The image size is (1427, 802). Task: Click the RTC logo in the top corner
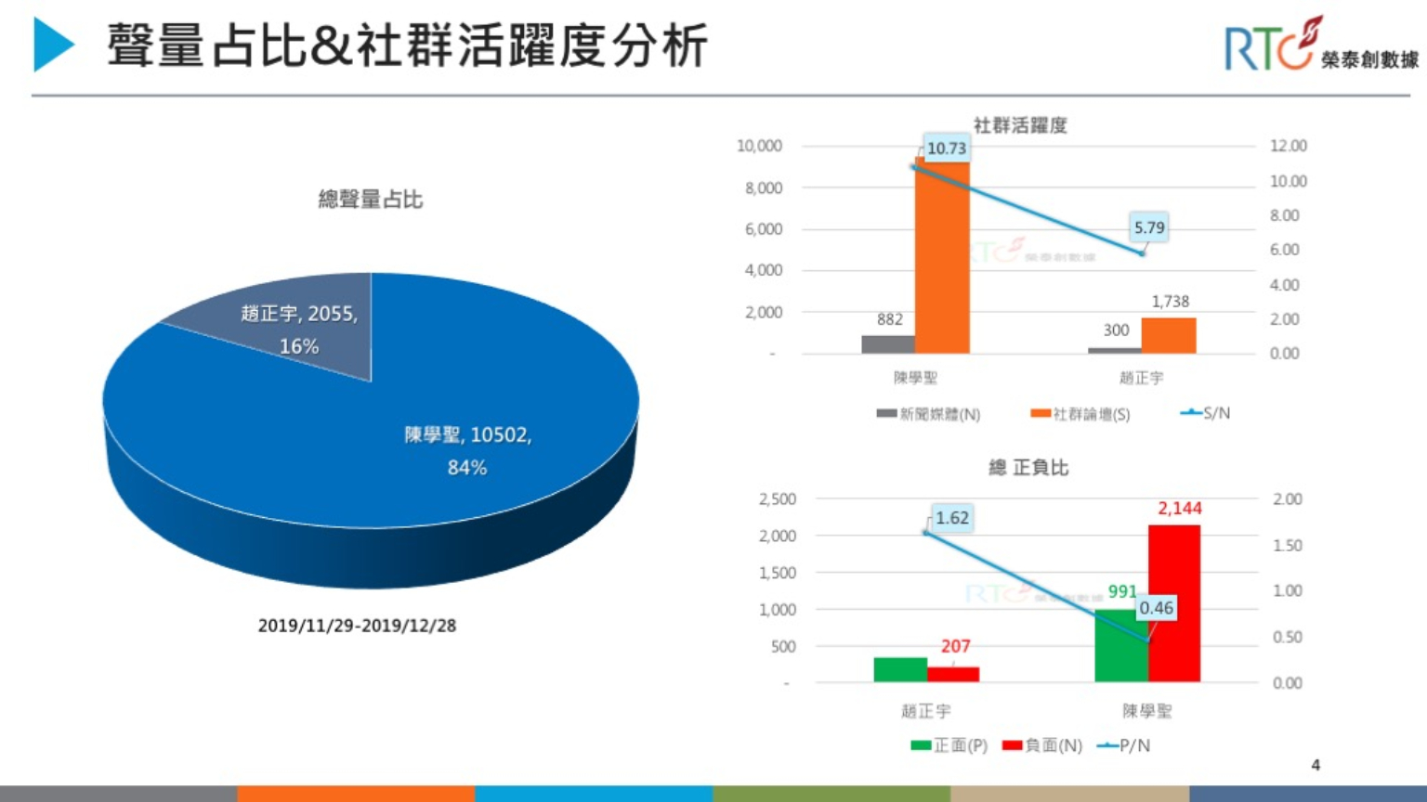pyautogui.click(x=1319, y=45)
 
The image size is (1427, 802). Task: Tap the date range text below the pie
pyautogui.click(x=357, y=626)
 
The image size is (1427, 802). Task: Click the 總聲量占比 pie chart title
pyautogui.click(x=370, y=199)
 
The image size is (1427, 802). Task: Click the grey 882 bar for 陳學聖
pyautogui.click(x=888, y=344)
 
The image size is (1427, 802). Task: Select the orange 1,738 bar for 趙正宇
pyautogui.click(x=1169, y=335)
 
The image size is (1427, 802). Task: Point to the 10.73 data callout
pyautogui.click(x=946, y=148)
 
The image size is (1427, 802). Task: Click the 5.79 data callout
pyautogui.click(x=1148, y=227)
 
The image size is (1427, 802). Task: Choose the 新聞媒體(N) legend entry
pyautogui.click(x=928, y=414)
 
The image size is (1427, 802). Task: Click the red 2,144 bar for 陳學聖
pyautogui.click(x=1174, y=603)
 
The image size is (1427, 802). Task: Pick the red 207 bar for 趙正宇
pyautogui.click(x=953, y=674)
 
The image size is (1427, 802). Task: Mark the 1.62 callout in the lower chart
pyautogui.click(x=951, y=518)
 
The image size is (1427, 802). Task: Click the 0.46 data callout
pyautogui.click(x=1156, y=608)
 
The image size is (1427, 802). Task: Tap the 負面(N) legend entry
pyautogui.click(x=1042, y=745)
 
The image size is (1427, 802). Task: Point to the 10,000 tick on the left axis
pyautogui.click(x=759, y=146)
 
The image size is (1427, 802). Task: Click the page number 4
pyautogui.click(x=1315, y=765)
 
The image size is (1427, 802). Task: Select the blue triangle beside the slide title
pyautogui.click(x=52, y=45)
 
